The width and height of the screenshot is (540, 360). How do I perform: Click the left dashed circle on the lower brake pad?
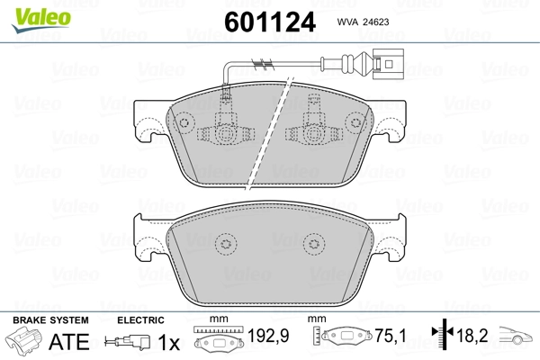coord(222,244)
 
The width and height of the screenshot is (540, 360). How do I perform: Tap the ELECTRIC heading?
coord(140,320)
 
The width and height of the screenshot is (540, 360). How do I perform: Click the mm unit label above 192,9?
coord(216,320)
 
